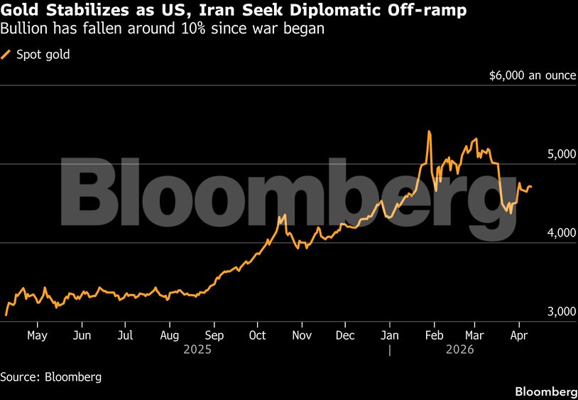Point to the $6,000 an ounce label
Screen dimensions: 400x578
pyautogui.click(x=533, y=75)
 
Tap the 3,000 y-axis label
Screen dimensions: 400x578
pyautogui.click(x=560, y=312)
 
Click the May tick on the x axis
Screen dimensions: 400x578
pyautogui.click(x=36, y=335)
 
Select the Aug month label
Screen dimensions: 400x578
pyautogui.click(x=170, y=335)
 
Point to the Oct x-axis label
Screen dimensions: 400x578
pyautogui.click(x=257, y=335)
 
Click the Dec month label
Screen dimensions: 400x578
pyautogui.click(x=345, y=335)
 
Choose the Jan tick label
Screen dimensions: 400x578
pyautogui.click(x=389, y=335)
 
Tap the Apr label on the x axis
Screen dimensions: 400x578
pyautogui.click(x=519, y=335)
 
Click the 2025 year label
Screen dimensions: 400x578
pyautogui.click(x=197, y=350)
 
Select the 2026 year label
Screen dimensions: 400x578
pyautogui.click(x=459, y=350)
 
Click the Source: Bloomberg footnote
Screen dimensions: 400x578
pyautogui.click(x=51, y=377)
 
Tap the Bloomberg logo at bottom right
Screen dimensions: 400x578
pyautogui.click(x=545, y=391)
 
